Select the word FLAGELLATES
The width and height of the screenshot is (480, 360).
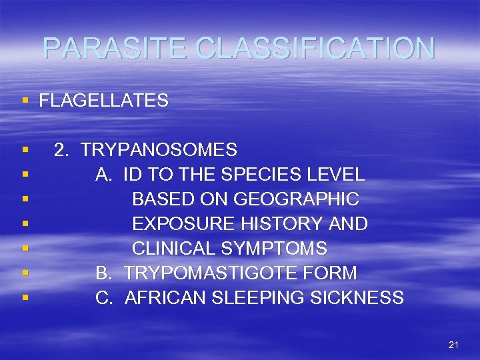tap(103, 101)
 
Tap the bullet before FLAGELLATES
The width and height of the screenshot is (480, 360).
tap(25, 101)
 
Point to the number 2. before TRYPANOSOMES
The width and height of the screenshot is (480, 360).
tap(61, 150)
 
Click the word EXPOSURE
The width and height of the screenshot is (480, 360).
tap(175, 224)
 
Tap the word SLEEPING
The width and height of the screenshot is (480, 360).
tap(259, 298)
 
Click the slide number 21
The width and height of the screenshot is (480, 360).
tap(454, 345)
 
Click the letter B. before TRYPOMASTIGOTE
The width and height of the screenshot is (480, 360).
tap(103, 273)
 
